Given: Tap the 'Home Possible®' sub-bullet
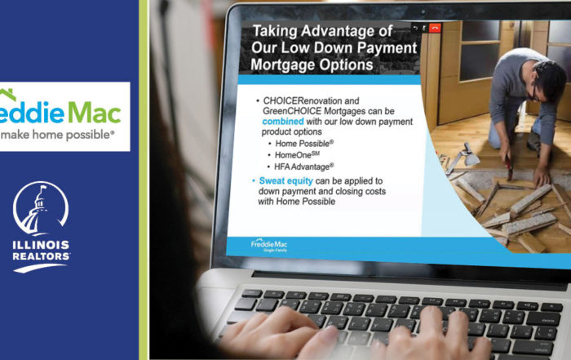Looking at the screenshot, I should coord(311,144).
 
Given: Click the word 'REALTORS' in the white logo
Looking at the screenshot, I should coord(41,256).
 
